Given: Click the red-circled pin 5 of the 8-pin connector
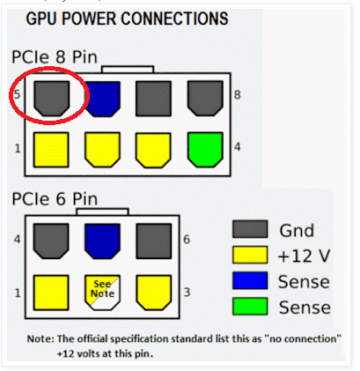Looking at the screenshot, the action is (x=52, y=99).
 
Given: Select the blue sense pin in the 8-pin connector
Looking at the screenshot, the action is (x=102, y=99).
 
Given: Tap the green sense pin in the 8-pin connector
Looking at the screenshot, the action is (x=205, y=150).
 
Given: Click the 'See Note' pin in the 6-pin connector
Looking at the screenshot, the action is (x=102, y=293).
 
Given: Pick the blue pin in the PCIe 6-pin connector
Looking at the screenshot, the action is (x=102, y=241).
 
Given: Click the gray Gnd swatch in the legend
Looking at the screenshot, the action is (x=250, y=229).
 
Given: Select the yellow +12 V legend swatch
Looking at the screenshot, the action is (x=250, y=255).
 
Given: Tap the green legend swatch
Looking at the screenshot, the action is (x=250, y=307).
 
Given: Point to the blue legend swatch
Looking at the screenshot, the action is (x=250, y=280).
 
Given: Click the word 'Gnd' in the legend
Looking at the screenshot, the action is (x=297, y=231).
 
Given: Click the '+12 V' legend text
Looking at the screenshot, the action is (x=304, y=256).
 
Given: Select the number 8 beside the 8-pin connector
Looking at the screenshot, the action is (x=237, y=95).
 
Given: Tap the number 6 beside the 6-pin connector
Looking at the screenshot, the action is (x=187, y=240).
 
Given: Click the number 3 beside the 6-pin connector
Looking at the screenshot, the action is (x=187, y=293).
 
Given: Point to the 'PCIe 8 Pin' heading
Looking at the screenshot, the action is (x=55, y=56).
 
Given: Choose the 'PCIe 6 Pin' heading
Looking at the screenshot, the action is (x=55, y=199).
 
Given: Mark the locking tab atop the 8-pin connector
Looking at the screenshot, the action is (x=128, y=70).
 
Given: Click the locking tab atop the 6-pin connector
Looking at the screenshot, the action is (x=102, y=211).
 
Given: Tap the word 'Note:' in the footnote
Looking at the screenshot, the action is (x=40, y=339).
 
